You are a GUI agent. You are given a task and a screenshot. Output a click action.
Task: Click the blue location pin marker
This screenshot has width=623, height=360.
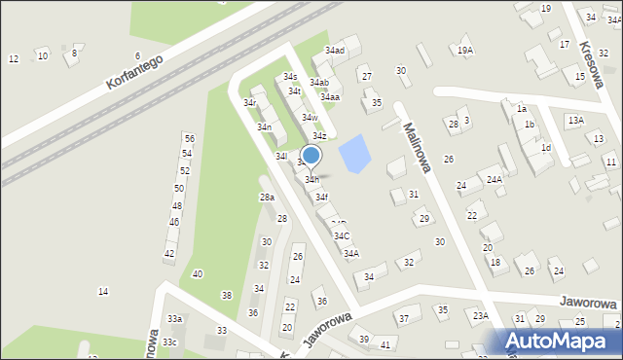pyautogui.click(x=311, y=156)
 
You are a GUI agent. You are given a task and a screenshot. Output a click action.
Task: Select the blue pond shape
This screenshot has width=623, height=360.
pyautogui.click(x=354, y=152)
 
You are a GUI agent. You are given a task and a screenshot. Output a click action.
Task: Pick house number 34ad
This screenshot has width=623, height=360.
pyautogui.click(x=335, y=51)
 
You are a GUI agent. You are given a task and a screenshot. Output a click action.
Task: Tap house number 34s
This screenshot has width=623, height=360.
pyautogui.click(x=290, y=76)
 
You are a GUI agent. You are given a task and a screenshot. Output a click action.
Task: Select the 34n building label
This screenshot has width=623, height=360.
pyautogui.click(x=264, y=127)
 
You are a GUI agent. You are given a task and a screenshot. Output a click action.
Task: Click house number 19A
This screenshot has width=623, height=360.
pyautogui.click(x=465, y=51)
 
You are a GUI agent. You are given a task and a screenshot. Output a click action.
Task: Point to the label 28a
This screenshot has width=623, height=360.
pyautogui.click(x=267, y=198)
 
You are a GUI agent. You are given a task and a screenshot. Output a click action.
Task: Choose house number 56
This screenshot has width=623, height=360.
pyautogui.click(x=189, y=139)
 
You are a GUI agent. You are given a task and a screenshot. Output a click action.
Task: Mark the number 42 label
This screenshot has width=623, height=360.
pyautogui.click(x=168, y=254)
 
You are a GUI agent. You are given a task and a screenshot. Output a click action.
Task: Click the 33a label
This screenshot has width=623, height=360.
pyautogui.click(x=173, y=319)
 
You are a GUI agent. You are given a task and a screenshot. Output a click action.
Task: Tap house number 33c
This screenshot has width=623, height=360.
pyautogui.click(x=170, y=342)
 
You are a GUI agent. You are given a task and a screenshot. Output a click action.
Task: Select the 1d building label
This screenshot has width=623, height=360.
pyautogui.click(x=546, y=148)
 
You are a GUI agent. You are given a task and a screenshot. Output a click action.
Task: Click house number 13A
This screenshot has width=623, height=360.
pyautogui.click(x=575, y=120)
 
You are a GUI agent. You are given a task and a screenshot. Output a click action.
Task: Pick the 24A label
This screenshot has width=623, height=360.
pyautogui.click(x=494, y=180)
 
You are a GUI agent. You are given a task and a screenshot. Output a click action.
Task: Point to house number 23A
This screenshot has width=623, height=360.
pyautogui.click(x=481, y=315)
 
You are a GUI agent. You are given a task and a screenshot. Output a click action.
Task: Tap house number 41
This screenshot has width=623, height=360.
pyautogui.click(x=385, y=345)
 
